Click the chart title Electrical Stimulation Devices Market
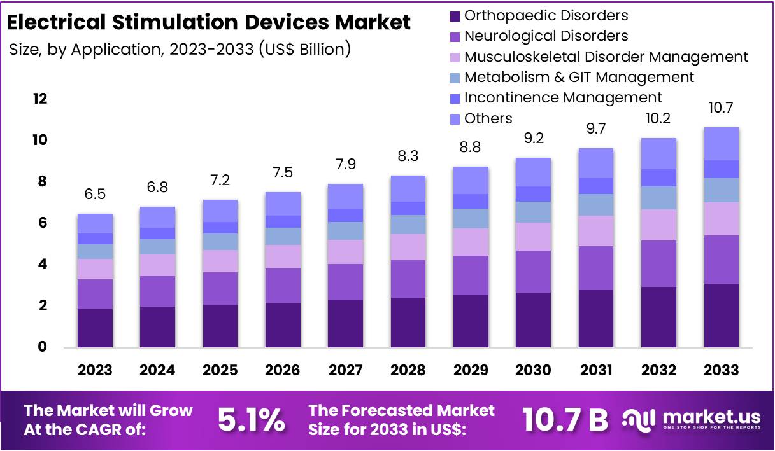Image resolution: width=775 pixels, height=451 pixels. pyautogui.click(x=208, y=22)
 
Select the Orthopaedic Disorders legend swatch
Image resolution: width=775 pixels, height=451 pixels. pyautogui.click(x=454, y=16)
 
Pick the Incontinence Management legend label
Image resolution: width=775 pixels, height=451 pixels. pyautogui.click(x=563, y=98)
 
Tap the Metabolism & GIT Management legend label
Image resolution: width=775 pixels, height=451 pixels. pyautogui.click(x=579, y=78)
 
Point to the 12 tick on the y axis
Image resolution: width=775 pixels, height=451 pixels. pyautogui.click(x=39, y=99)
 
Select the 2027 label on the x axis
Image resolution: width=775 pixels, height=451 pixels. pyautogui.click(x=346, y=370)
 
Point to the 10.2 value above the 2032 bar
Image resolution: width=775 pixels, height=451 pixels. pyautogui.click(x=658, y=119)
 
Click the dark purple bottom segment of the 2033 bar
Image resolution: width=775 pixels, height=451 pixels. pyautogui.click(x=721, y=316)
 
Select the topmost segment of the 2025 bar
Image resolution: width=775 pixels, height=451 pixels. pyautogui.click(x=220, y=211)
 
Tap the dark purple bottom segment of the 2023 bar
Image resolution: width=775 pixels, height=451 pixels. pyautogui.click(x=95, y=328)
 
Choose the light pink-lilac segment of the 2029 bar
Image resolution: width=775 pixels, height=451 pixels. pyautogui.click(x=471, y=242)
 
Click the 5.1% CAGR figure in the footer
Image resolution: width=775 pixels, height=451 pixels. pyautogui.click(x=251, y=420)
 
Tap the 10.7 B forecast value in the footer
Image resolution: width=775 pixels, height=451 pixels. pyautogui.click(x=565, y=420)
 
